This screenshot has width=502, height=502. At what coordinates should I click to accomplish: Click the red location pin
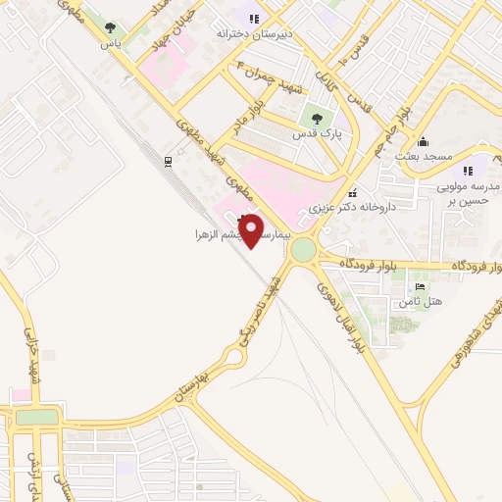[x=251, y=229]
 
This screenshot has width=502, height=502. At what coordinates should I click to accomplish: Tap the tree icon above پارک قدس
[x=316, y=119]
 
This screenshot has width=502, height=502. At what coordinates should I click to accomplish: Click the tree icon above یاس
[x=110, y=27]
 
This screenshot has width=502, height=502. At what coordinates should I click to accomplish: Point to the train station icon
[x=169, y=161]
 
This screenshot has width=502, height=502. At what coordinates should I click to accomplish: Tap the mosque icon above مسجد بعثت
[x=423, y=140]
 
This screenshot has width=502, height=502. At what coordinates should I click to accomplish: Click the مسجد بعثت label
[x=423, y=157]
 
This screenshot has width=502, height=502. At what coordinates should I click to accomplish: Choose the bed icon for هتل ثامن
[x=421, y=286]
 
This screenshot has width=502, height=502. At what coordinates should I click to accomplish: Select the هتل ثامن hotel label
[x=421, y=301]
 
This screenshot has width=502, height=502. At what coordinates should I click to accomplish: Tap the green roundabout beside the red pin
[x=304, y=250]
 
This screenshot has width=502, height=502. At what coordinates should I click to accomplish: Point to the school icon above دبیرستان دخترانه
[x=253, y=18]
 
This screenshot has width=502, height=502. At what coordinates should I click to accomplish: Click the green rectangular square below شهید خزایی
[x=37, y=417]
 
